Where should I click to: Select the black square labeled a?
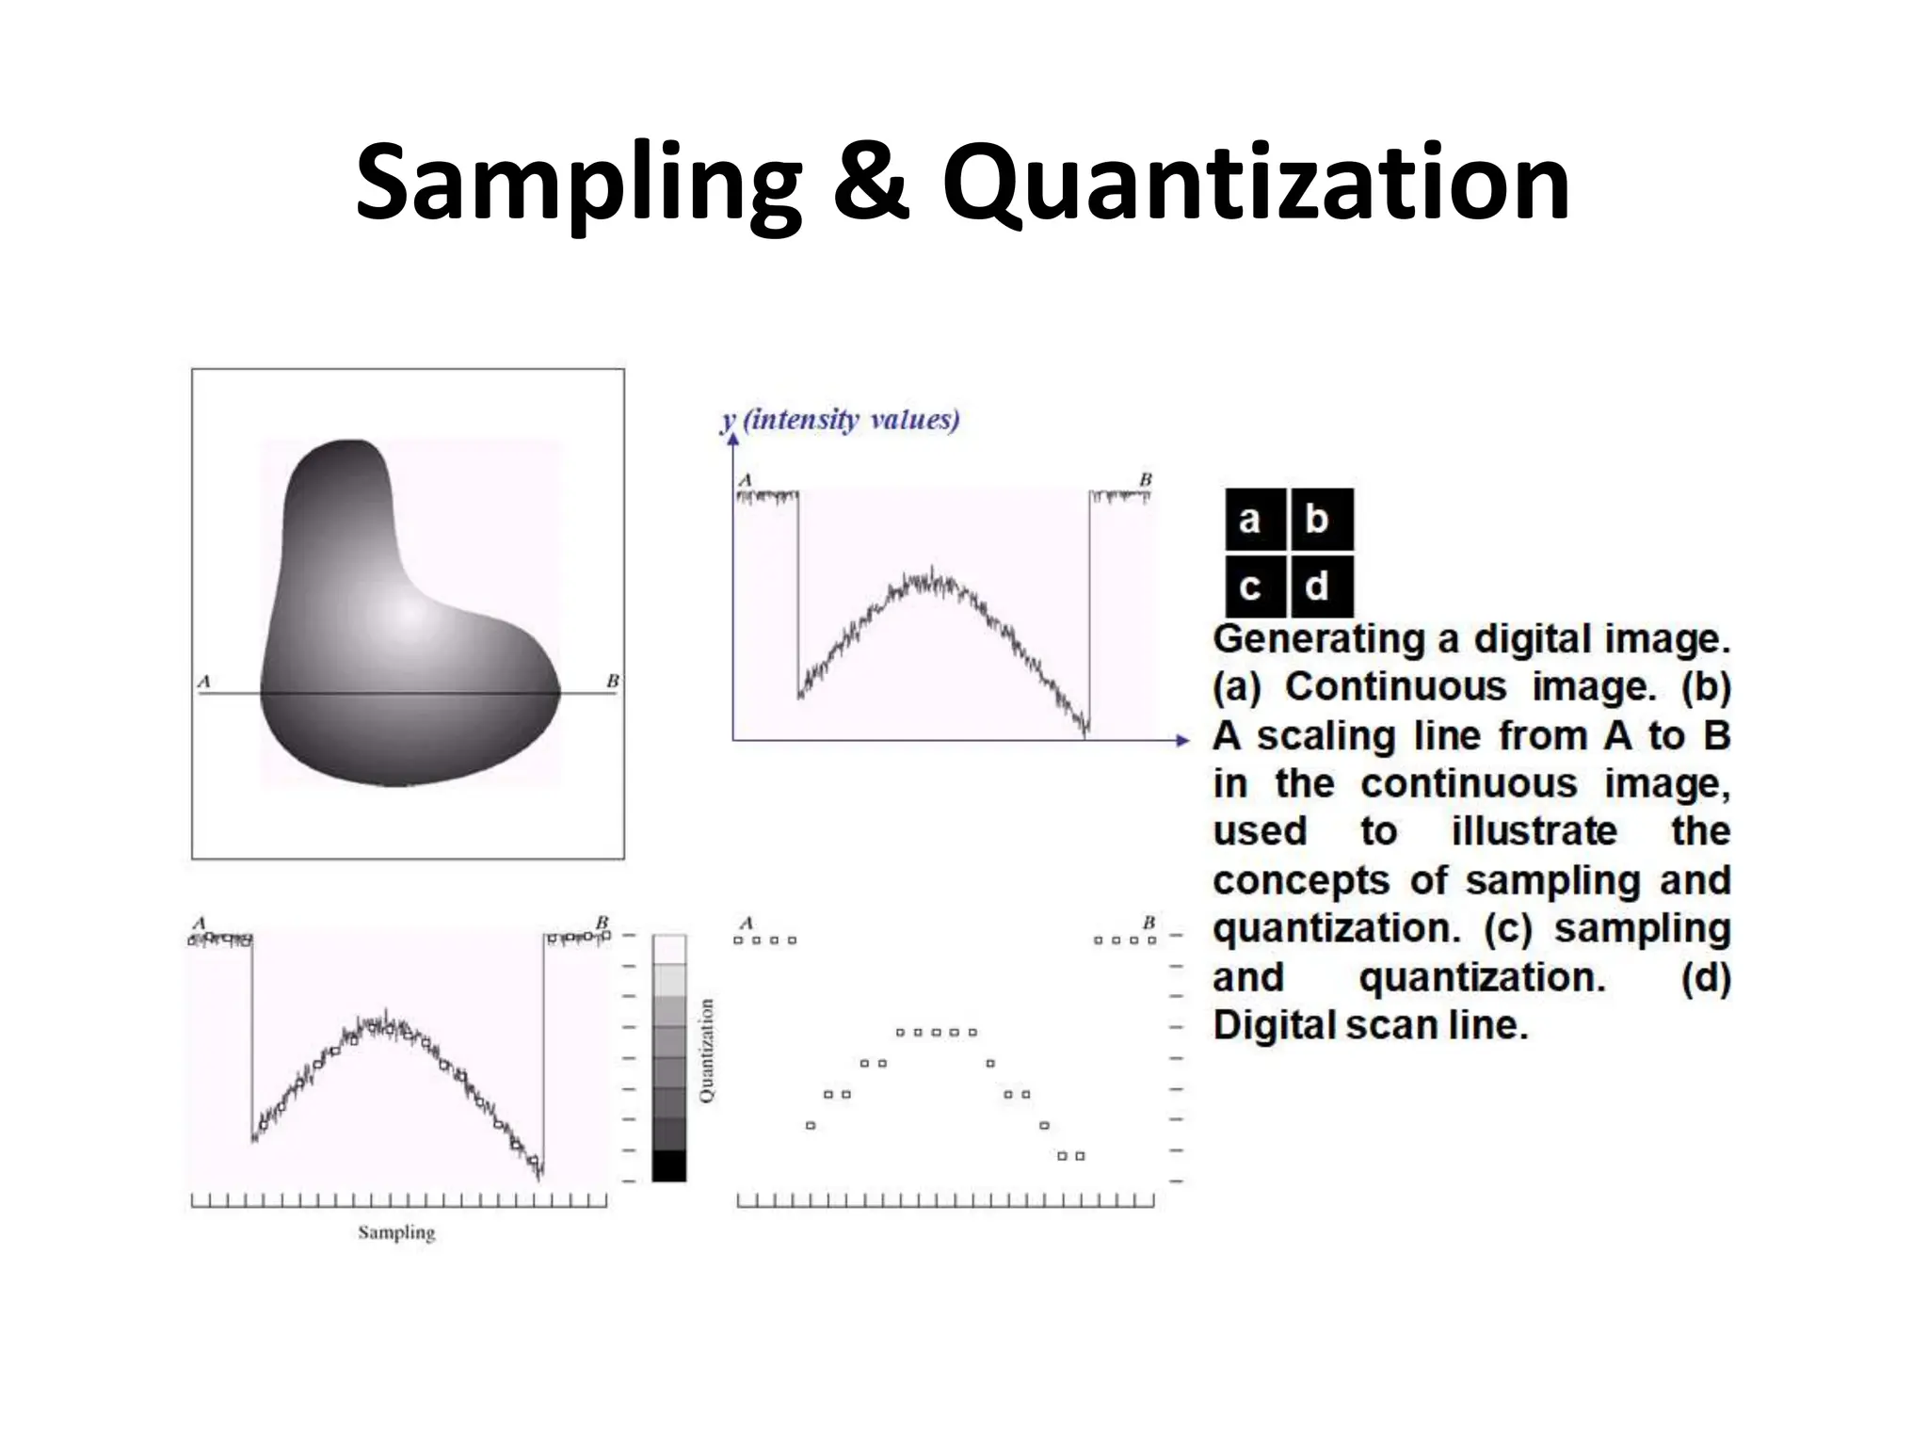[1250, 519]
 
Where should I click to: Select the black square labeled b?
[1317, 519]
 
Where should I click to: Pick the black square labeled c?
[1250, 586]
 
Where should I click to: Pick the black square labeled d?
[1317, 586]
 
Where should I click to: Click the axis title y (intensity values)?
[840, 420]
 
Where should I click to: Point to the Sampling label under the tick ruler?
[396, 1232]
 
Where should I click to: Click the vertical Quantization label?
[707, 1050]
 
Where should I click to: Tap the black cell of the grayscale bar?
[669, 1165]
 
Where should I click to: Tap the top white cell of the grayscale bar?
[669, 949]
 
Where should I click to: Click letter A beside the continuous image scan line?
[204, 681]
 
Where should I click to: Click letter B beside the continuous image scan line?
[613, 681]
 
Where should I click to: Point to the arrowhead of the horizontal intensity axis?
[1184, 740]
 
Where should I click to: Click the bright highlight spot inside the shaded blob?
[407, 614]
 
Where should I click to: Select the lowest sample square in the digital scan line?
[1071, 1156]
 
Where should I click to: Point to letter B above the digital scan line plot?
[1149, 923]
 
